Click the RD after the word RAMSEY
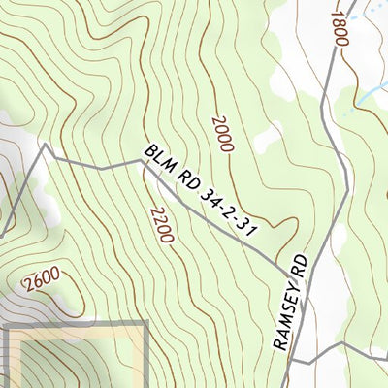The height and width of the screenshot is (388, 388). point(301,267)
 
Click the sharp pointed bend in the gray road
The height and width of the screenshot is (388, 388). point(44,146)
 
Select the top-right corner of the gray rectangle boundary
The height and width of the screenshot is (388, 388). point(145,324)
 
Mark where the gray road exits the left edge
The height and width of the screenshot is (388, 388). point(2,235)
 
